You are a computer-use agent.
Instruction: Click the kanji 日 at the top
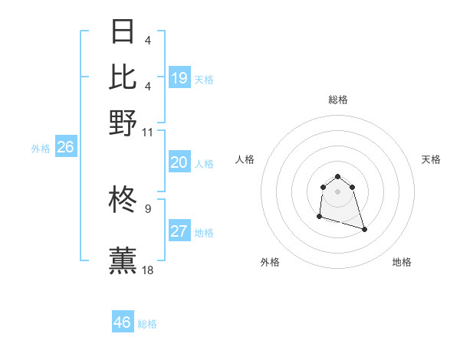(x=123, y=31)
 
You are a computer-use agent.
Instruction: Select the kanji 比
(x=123, y=77)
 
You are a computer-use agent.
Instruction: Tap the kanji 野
(x=123, y=123)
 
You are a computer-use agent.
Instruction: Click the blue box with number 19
(x=179, y=78)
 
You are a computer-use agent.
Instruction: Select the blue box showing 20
(x=179, y=162)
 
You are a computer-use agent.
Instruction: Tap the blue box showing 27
(x=179, y=231)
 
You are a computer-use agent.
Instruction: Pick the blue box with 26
(x=65, y=148)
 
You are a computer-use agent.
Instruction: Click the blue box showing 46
(x=123, y=322)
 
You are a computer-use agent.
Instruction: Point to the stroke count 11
(x=148, y=133)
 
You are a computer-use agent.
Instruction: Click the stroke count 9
(x=148, y=208)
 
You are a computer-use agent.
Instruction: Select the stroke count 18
(x=148, y=270)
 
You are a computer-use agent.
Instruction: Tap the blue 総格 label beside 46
(x=147, y=324)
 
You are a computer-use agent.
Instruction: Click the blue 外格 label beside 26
(x=41, y=149)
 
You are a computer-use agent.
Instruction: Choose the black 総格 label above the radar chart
(x=338, y=100)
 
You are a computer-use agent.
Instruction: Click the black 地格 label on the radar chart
(x=402, y=263)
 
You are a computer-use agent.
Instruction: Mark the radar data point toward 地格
(x=364, y=229)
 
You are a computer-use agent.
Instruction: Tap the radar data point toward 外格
(x=319, y=218)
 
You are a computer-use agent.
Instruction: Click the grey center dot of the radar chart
(x=338, y=191)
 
